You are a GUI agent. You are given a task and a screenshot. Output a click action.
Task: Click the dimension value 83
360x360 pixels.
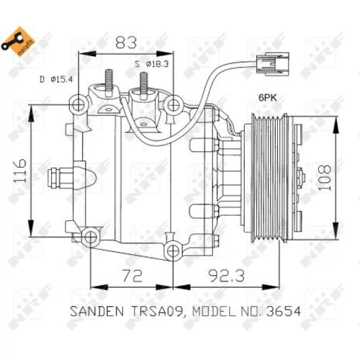pyautogui.click(x=126, y=42)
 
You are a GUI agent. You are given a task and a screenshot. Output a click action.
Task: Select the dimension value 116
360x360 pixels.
pyautogui.click(x=19, y=170)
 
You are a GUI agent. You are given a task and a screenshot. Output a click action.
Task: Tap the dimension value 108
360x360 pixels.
pyautogui.click(x=325, y=178)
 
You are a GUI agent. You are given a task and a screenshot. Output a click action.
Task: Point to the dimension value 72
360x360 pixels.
pyautogui.click(x=132, y=276)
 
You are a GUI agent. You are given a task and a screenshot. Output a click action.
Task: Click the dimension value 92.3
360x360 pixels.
pyautogui.click(x=227, y=276)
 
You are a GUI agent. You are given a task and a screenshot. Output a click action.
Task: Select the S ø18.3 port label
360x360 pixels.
pyautogui.click(x=152, y=64)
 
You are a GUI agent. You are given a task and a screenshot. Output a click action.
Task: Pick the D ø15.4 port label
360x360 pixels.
pyautogui.click(x=56, y=79)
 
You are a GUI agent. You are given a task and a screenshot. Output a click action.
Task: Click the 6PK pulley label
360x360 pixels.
pyautogui.click(x=268, y=98)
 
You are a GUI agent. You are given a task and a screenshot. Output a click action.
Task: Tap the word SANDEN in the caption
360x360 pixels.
pyautogui.click(x=97, y=311)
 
